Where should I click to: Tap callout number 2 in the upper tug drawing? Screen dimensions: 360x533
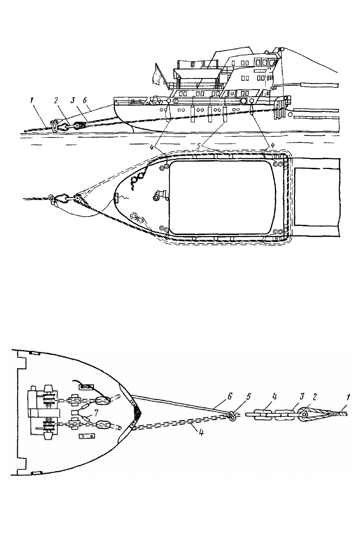56,100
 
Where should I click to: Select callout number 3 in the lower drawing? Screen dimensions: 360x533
302,397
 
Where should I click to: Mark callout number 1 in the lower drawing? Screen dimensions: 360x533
348,397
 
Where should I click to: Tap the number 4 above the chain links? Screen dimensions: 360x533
275,397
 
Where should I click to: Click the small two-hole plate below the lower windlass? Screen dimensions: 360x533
87,436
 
